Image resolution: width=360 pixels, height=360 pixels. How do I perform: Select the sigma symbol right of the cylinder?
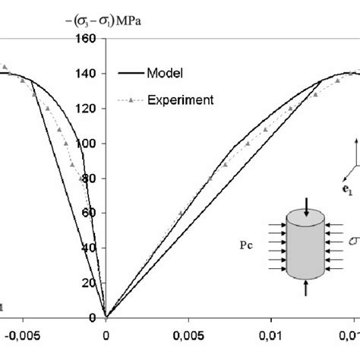(352, 242)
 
